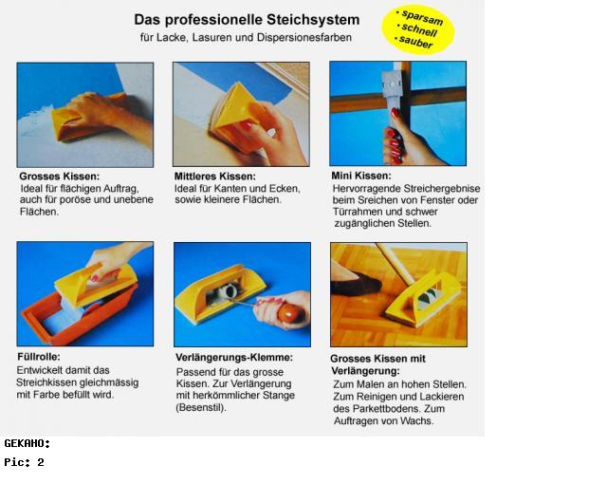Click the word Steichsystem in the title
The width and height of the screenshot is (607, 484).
[313, 20]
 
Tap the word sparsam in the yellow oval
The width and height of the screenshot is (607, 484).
[422, 17]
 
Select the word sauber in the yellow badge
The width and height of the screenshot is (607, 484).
[415, 42]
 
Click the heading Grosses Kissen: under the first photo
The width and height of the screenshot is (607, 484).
[59, 177]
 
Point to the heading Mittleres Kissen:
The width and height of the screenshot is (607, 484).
[215, 177]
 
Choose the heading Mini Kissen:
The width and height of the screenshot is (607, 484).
[361, 176]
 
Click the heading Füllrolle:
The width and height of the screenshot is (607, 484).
[39, 357]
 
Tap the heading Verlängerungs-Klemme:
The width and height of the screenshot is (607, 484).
[234, 358]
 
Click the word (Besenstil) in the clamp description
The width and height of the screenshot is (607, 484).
[200, 408]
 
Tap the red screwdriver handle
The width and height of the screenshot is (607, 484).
[289, 313]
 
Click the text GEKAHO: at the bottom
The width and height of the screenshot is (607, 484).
[28, 443]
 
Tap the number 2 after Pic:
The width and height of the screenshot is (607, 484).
[41, 462]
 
